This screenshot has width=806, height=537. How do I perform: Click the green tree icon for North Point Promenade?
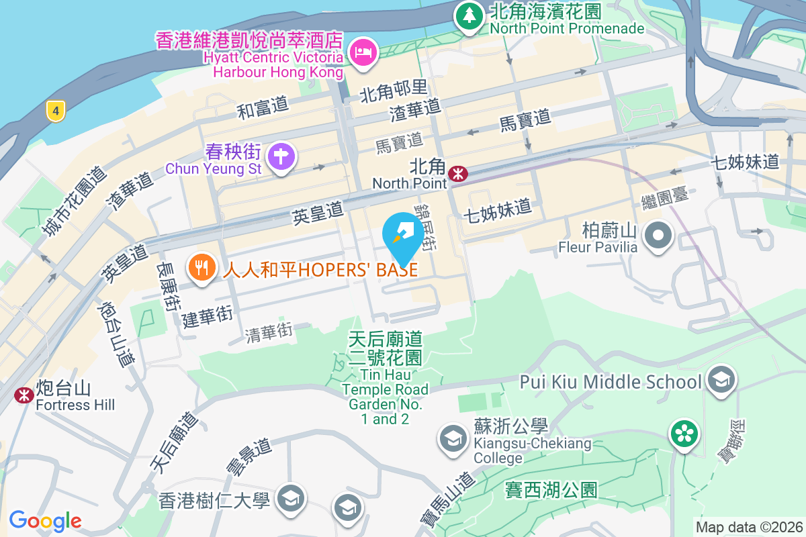point(469,16)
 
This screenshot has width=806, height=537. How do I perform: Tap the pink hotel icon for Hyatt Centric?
point(363,51)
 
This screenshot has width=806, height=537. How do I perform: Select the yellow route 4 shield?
point(56,111)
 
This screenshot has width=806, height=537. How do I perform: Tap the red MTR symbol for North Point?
point(459,174)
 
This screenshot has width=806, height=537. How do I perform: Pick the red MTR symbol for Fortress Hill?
point(24,395)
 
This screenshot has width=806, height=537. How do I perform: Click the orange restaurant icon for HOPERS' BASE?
point(200,268)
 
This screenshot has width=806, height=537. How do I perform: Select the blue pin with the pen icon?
point(403,235)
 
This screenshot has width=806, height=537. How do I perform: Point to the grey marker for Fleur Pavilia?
point(658,236)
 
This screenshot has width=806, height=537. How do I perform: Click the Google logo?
point(46,520)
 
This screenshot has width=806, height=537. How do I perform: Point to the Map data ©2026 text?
point(748,527)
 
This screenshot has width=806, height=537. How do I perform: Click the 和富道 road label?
point(263,107)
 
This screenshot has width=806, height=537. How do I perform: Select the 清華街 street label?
point(269,331)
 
